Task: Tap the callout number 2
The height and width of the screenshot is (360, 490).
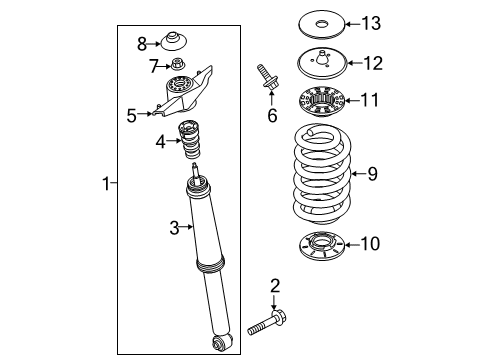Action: pos(273,289)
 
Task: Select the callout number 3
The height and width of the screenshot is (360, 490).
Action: pos(173,228)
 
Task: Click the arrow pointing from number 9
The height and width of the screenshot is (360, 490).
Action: pos(355,174)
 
